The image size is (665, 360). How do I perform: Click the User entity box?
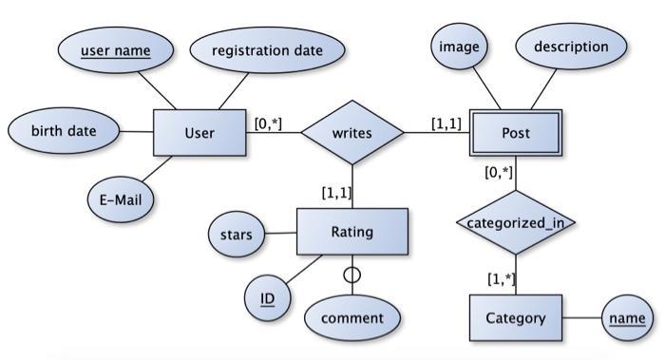point(199,132)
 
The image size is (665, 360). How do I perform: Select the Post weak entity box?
point(515,132)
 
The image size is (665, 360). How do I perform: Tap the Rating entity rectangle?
point(352,232)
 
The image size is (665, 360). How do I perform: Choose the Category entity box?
point(515,317)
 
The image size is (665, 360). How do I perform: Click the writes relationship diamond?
point(352,132)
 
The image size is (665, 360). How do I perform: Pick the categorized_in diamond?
point(515,223)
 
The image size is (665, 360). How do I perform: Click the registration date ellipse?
point(266,49)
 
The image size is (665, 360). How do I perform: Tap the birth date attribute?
point(64,130)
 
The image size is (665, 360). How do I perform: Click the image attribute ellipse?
point(460,47)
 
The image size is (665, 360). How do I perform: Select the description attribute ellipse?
point(571,47)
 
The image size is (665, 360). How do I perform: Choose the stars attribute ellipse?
point(237,234)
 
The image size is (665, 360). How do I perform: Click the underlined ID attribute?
point(267,299)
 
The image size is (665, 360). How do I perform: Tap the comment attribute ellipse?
point(351,318)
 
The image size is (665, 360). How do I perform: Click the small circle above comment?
point(352,275)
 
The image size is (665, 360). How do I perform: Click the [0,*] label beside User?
point(268,123)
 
